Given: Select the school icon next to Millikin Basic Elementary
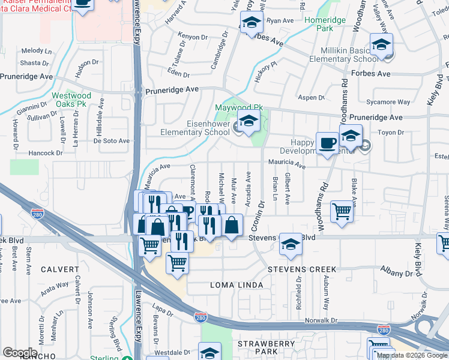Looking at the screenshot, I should tap(381, 46).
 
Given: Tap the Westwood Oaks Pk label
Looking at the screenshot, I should tap(71, 100).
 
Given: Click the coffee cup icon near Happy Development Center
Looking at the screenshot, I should tap(327, 143).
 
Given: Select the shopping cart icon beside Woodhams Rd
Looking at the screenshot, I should tap(342, 211).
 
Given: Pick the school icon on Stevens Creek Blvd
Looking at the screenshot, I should tap(291, 244).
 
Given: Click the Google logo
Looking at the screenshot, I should tap(20, 352).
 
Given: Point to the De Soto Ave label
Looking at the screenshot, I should tap(111, 141).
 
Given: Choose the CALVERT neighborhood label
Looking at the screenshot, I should tap(59, 269).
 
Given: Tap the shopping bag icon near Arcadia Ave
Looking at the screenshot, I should tap(232, 226).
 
